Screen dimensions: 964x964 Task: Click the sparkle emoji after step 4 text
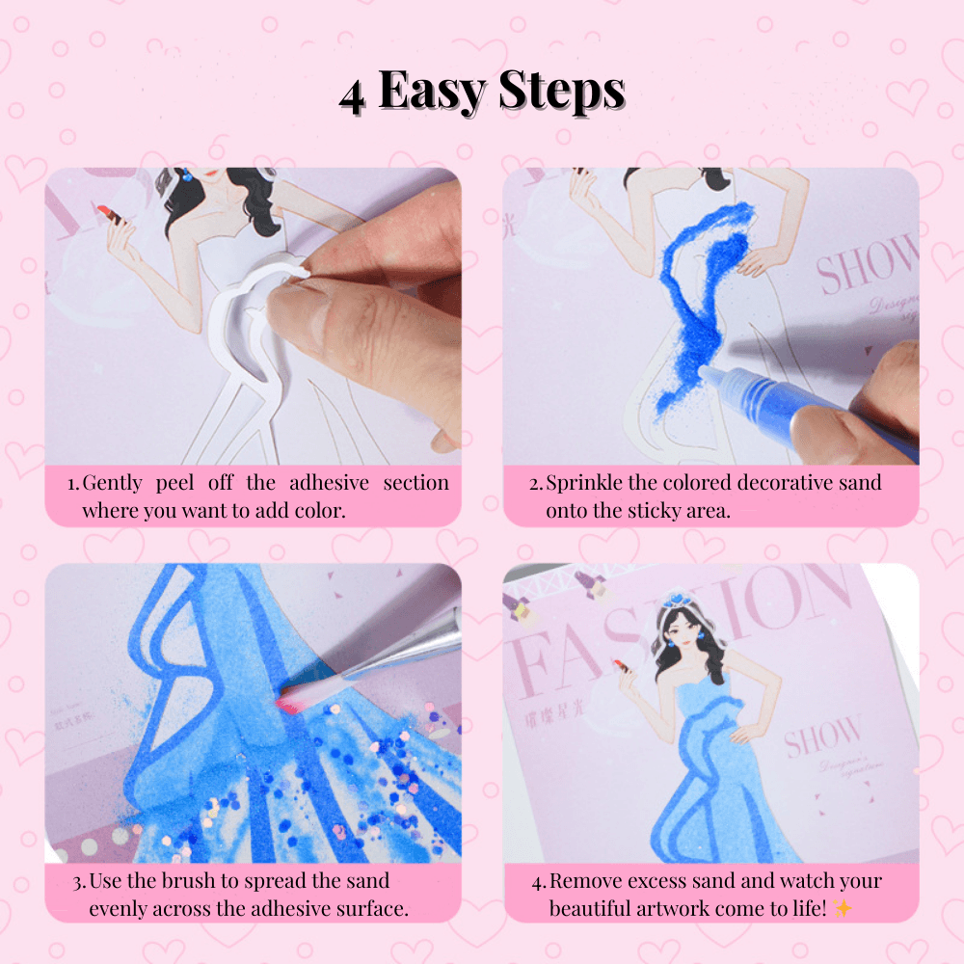843,907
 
